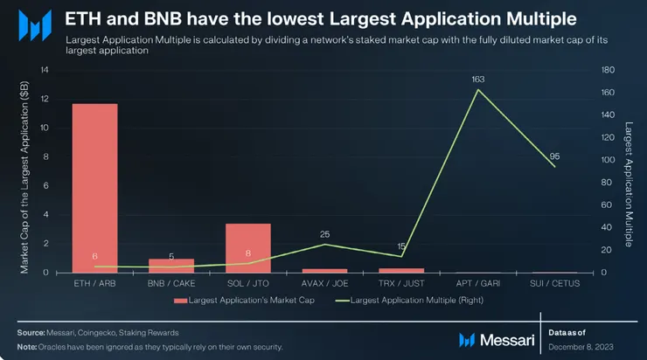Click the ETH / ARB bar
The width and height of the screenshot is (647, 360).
pos(94,188)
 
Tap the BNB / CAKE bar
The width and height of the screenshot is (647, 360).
pos(171,265)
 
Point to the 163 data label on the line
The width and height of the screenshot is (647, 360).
pos(477,80)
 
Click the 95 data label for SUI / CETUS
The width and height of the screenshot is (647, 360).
pos(553,156)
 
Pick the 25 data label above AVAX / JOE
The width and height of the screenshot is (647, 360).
pos(324,234)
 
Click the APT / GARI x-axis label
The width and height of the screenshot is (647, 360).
pos(477,283)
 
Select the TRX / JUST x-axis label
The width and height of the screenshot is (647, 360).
pos(400,283)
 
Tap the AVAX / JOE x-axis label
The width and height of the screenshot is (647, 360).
pos(324,283)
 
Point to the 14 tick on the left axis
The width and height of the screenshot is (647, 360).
pos(45,70)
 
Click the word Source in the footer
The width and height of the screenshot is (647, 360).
pos(32,333)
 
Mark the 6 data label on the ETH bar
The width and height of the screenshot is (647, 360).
pos(94,256)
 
